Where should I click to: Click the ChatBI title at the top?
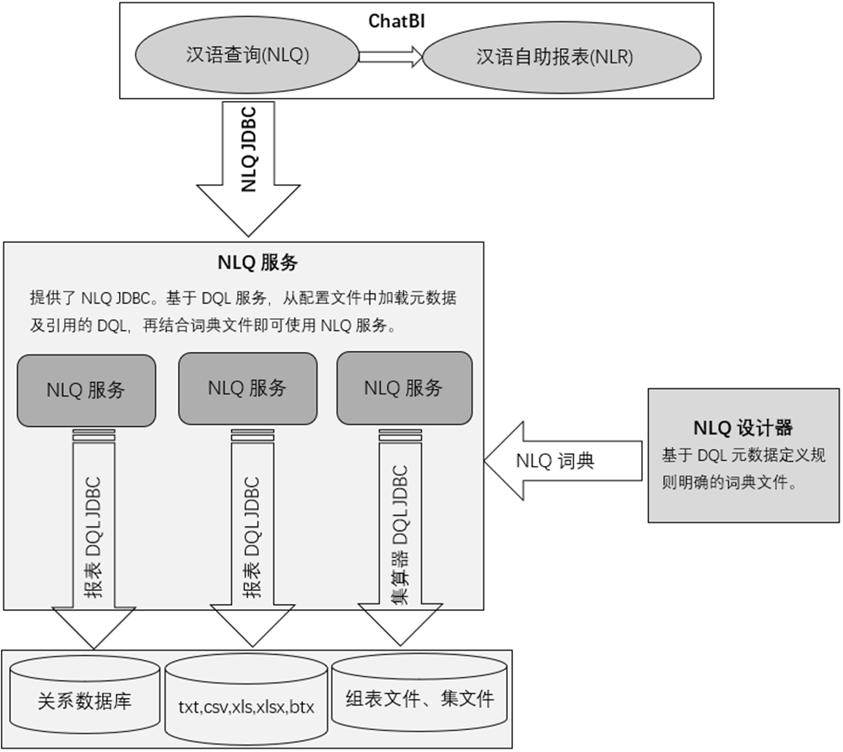[396, 21]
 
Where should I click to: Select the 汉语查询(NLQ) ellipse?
[247, 56]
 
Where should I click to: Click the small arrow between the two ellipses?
[389, 57]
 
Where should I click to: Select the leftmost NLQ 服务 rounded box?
[86, 390]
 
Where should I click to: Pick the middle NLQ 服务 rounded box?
[247, 388]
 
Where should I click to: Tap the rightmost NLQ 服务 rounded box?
[403, 388]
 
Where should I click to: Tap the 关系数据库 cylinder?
[84, 701]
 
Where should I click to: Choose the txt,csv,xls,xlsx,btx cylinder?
[246, 706]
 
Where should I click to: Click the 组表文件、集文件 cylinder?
[419, 699]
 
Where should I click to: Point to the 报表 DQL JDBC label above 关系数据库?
[93, 537]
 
